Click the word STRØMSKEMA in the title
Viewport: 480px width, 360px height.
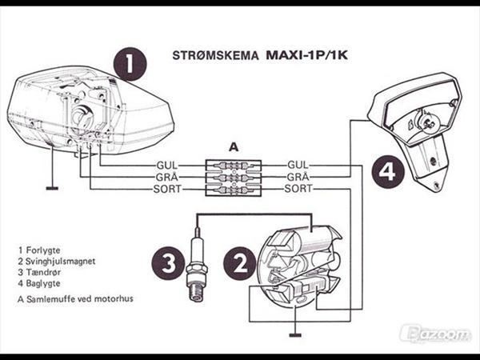(x=215, y=58)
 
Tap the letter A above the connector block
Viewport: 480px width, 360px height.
(x=234, y=147)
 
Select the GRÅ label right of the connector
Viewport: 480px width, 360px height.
(x=298, y=177)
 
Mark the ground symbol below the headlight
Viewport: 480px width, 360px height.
(x=53, y=189)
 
